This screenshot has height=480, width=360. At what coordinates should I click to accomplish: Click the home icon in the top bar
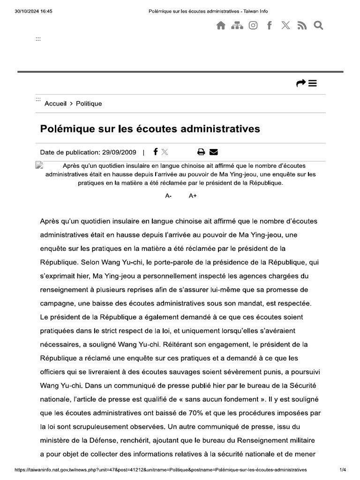pos(221,26)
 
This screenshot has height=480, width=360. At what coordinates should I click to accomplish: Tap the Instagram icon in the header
pos(253,26)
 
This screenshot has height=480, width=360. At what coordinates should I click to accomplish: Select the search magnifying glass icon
pos(319,26)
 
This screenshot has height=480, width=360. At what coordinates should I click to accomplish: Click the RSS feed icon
pos(302,26)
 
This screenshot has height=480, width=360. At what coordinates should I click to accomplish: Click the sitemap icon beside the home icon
pos(237,26)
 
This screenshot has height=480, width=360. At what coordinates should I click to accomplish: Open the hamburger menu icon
pos(313,83)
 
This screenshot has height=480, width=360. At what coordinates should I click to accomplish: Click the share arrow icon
pos(300,83)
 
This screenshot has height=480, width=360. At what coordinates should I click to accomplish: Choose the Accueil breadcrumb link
pos(55,104)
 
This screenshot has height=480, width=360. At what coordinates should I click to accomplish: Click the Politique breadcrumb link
pos(89,104)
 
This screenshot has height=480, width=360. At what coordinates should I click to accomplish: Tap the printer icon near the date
pos(201,152)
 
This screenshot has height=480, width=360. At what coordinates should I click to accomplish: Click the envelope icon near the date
pos(214,152)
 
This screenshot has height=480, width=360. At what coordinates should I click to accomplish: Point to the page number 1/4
pos(343,469)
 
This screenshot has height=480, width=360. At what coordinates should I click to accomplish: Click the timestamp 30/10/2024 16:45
pos(34,11)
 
